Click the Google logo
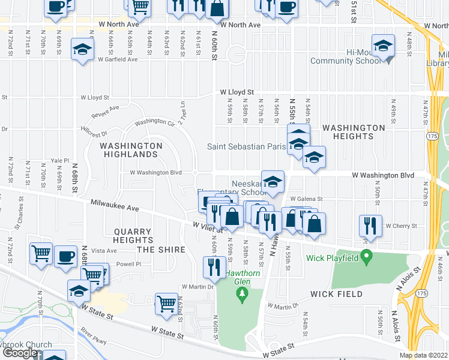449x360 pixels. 19,353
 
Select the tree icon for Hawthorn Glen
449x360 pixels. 242,293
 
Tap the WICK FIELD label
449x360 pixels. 336,294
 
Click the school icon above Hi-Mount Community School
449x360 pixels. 382,46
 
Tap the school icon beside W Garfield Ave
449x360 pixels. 82,49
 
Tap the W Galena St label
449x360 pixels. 306,199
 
